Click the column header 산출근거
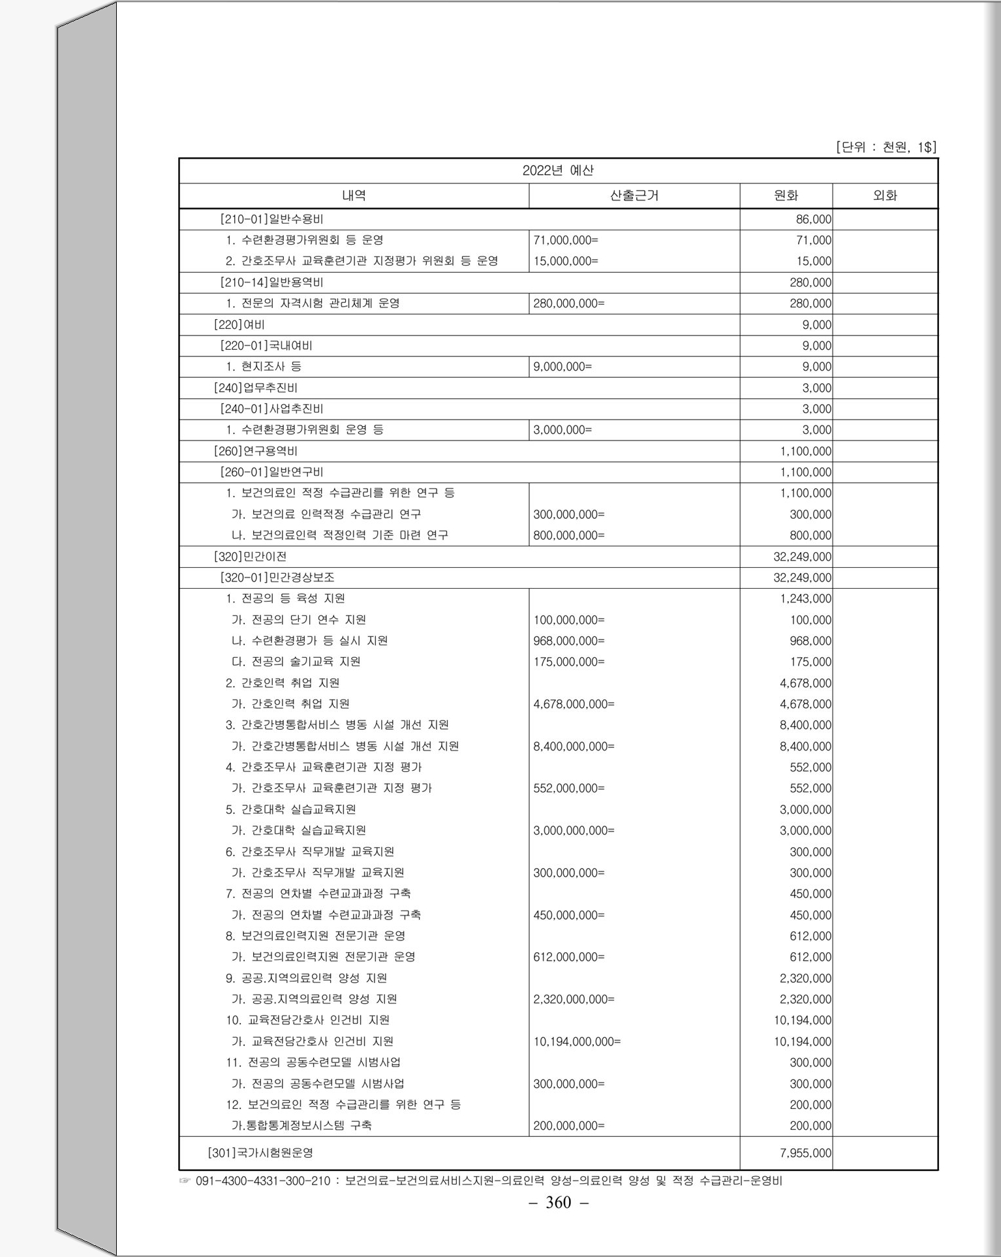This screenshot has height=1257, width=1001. [x=634, y=196]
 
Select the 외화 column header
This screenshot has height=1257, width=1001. [x=884, y=196]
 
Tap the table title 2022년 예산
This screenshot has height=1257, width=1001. [x=558, y=171]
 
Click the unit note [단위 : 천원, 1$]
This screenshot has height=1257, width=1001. [x=885, y=147]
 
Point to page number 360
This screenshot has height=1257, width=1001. [x=558, y=1202]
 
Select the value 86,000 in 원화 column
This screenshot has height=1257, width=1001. [x=813, y=219]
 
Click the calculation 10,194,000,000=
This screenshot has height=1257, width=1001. [x=577, y=1042]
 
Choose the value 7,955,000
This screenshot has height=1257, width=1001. [x=805, y=1153]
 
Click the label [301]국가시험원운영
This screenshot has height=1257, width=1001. [x=260, y=1153]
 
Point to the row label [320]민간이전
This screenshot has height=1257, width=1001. [x=250, y=557]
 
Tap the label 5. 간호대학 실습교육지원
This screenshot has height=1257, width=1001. [x=291, y=810]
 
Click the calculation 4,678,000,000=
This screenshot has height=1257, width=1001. [x=574, y=704]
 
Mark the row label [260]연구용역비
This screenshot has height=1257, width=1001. [x=256, y=451]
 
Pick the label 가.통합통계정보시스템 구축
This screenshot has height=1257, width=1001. [x=301, y=1126]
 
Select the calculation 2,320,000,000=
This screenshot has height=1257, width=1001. [x=574, y=999]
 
